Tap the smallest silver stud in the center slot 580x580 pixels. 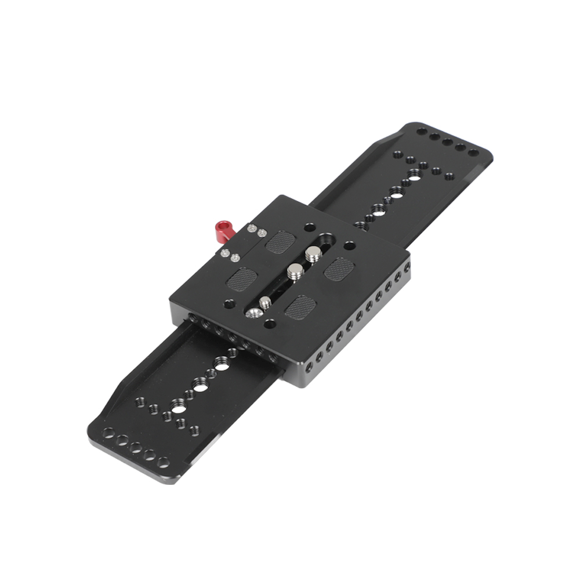click(x=265, y=302)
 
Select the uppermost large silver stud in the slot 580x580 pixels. click(x=313, y=253)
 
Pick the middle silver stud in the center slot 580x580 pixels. click(x=295, y=269)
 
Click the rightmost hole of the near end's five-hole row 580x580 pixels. click(x=164, y=462)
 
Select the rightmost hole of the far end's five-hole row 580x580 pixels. click(x=473, y=153)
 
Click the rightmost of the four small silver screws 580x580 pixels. click(x=262, y=233)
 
